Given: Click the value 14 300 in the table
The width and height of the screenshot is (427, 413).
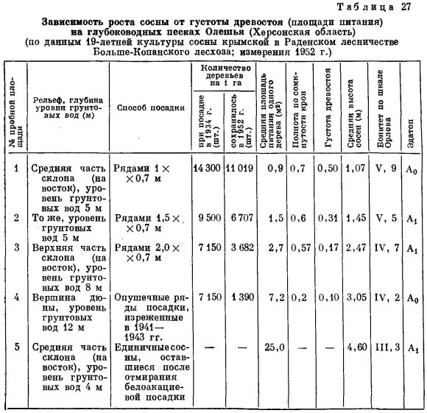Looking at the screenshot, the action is (207, 169).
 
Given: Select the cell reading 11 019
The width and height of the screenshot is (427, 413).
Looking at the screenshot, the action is (240, 169).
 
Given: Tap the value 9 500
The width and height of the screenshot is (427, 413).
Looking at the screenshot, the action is (210, 219).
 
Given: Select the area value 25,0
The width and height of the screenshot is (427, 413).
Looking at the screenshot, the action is (274, 345).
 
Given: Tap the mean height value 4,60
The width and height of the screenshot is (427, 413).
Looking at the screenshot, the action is (356, 345).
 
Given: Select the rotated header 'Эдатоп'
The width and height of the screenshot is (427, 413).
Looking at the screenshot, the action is (409, 133).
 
